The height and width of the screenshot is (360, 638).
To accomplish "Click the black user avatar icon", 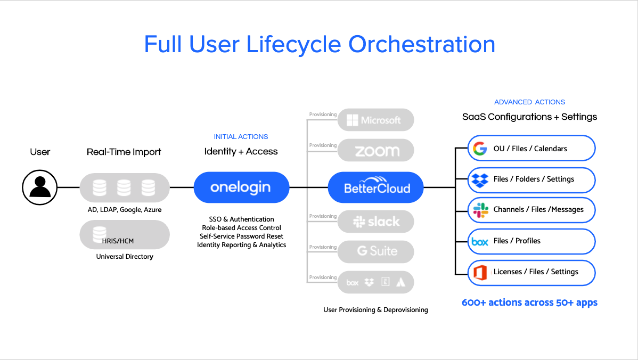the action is click(40, 187).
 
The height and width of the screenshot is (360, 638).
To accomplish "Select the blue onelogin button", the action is click(241, 187).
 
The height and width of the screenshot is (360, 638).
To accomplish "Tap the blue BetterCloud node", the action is click(375, 187).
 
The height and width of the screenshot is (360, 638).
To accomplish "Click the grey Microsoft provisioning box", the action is click(375, 120).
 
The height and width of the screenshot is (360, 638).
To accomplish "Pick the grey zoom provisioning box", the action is click(375, 151).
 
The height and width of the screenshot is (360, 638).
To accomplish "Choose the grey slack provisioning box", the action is click(375, 222).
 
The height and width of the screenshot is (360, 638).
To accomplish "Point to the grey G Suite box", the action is click(375, 251).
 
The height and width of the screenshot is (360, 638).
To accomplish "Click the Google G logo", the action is click(480, 149).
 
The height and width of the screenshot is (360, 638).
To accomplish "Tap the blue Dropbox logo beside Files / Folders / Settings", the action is click(480, 180).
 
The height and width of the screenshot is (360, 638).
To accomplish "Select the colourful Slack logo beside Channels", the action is click(480, 210).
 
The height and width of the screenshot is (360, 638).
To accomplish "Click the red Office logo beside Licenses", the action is click(480, 273).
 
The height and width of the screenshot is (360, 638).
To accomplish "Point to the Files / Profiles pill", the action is click(531, 241).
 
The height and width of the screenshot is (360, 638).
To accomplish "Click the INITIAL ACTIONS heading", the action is click(241, 137).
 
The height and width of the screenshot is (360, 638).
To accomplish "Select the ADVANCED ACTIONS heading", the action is click(529, 102).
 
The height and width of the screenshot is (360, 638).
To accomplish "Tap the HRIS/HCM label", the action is click(118, 241).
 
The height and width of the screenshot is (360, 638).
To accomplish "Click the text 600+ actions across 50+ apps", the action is click(529, 302).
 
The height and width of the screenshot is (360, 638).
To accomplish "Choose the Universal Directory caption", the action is click(125, 256).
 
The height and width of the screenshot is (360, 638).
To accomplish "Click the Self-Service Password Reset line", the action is click(241, 236).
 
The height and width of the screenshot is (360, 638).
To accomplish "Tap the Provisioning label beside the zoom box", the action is click(323, 145).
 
